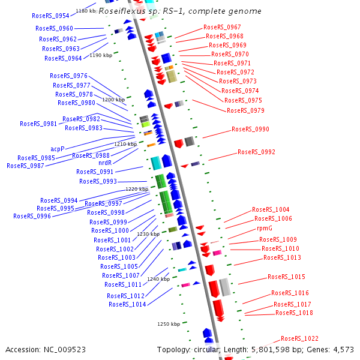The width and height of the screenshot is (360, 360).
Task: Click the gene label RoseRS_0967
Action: [x=222, y=28]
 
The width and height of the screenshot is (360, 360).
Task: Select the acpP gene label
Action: [x=57, y=149]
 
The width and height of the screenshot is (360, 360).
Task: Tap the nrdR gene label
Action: [x=105, y=162]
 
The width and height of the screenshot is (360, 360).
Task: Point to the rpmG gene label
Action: [x=265, y=228]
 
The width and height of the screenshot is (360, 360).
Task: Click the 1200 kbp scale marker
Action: [x=113, y=100]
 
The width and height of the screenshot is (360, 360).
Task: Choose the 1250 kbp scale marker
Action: [x=169, y=324]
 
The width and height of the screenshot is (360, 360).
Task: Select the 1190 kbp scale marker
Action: [x=101, y=55]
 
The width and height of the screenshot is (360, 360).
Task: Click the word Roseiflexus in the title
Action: [x=119, y=11]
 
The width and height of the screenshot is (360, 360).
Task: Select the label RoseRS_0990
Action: [x=250, y=130]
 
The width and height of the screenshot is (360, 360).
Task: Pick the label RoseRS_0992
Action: [x=256, y=152]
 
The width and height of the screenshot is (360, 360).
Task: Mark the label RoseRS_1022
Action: [x=299, y=339]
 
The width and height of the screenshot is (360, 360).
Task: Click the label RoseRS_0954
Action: [x=50, y=16]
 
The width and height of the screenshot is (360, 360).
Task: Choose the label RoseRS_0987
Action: [x=25, y=166]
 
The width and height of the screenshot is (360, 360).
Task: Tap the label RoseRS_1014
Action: [x=127, y=304]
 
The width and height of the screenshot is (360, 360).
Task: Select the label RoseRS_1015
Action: [x=286, y=277]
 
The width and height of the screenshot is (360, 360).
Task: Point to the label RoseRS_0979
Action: [x=245, y=110]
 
